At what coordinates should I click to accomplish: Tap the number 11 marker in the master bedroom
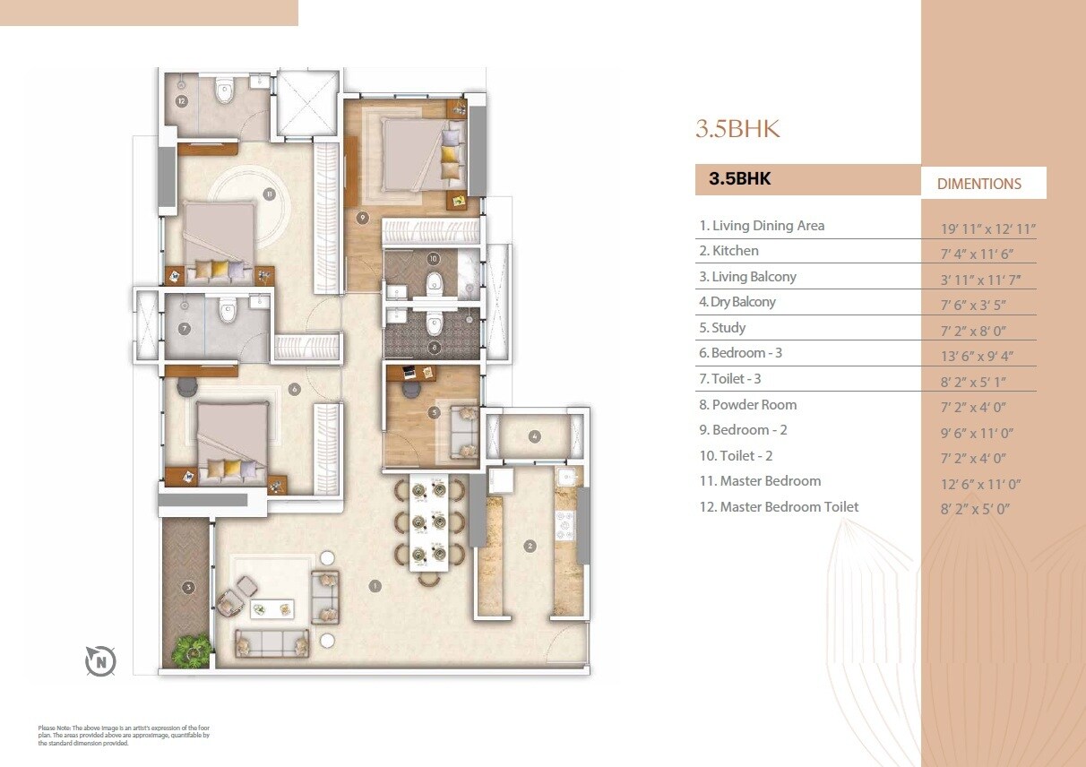point(268,194)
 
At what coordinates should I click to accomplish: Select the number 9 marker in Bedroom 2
point(362,217)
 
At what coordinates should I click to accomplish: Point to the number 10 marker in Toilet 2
point(434,259)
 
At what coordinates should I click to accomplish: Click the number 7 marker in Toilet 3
point(185,329)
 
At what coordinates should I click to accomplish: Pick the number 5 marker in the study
point(435,413)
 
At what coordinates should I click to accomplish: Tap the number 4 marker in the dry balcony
point(535,436)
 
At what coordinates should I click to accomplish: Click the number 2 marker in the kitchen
point(530,546)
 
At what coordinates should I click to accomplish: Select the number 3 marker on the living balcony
point(187,588)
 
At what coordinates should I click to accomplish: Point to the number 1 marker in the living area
point(375,586)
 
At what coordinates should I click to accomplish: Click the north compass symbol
point(100,662)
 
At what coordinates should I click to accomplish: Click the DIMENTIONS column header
point(978,184)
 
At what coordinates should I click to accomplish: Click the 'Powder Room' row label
point(747,405)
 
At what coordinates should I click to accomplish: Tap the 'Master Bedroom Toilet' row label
point(778,507)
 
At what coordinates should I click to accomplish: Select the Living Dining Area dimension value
point(982,229)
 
